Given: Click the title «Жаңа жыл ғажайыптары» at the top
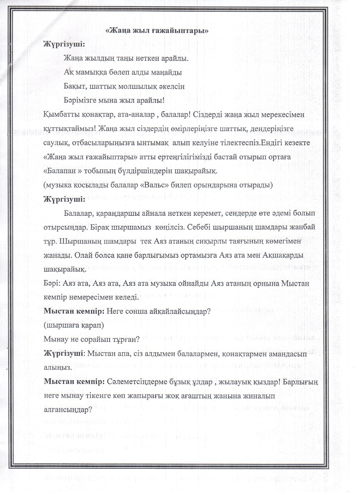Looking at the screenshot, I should coord(157,31).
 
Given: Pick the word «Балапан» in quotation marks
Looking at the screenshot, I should coord(60,171).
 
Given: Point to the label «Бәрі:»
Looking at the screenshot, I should coord(52,284).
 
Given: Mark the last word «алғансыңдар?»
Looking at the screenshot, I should coord(68,410).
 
